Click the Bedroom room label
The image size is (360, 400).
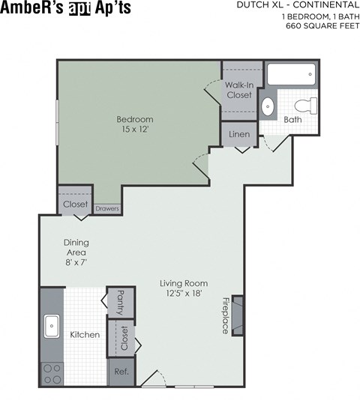pyautogui.click(x=135, y=119)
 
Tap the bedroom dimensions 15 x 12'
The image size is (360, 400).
pyautogui.click(x=135, y=130)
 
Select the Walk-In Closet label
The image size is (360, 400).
pyautogui.click(x=238, y=90)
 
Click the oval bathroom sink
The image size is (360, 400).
pyautogui.click(x=268, y=106)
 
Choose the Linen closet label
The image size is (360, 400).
pyautogui.click(x=238, y=134)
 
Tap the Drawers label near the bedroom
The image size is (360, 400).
pyautogui.click(x=107, y=208)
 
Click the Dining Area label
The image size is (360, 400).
pyautogui.click(x=75, y=247)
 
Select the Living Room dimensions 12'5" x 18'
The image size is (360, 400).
pyautogui.click(x=184, y=294)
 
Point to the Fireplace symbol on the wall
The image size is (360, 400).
pyautogui.click(x=237, y=315)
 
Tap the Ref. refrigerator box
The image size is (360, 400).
pyautogui.click(x=120, y=372)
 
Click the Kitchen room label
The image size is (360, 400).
pyautogui.click(x=85, y=334)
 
